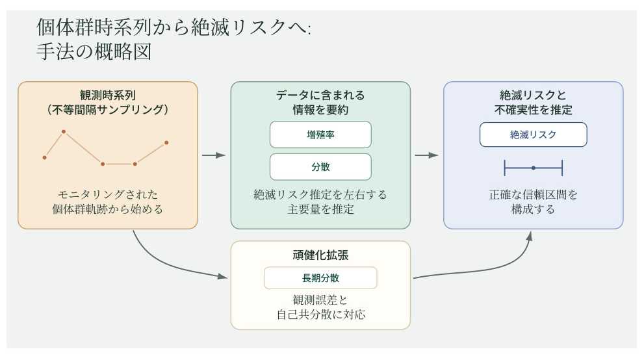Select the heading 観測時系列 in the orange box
pos(107,95)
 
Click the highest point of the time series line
pos(64,132)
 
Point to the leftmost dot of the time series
pos(44,157)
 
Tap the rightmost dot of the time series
pos(166,142)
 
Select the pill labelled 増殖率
pos(320,135)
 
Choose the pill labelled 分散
pos(320,167)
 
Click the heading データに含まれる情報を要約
pos(320,102)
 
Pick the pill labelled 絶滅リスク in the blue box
pos(533,135)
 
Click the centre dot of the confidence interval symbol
pos(533,168)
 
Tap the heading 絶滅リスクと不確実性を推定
pos(533,102)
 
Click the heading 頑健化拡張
pos(320,254)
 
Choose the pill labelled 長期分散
pos(320,278)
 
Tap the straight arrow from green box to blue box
pos(426,155)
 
